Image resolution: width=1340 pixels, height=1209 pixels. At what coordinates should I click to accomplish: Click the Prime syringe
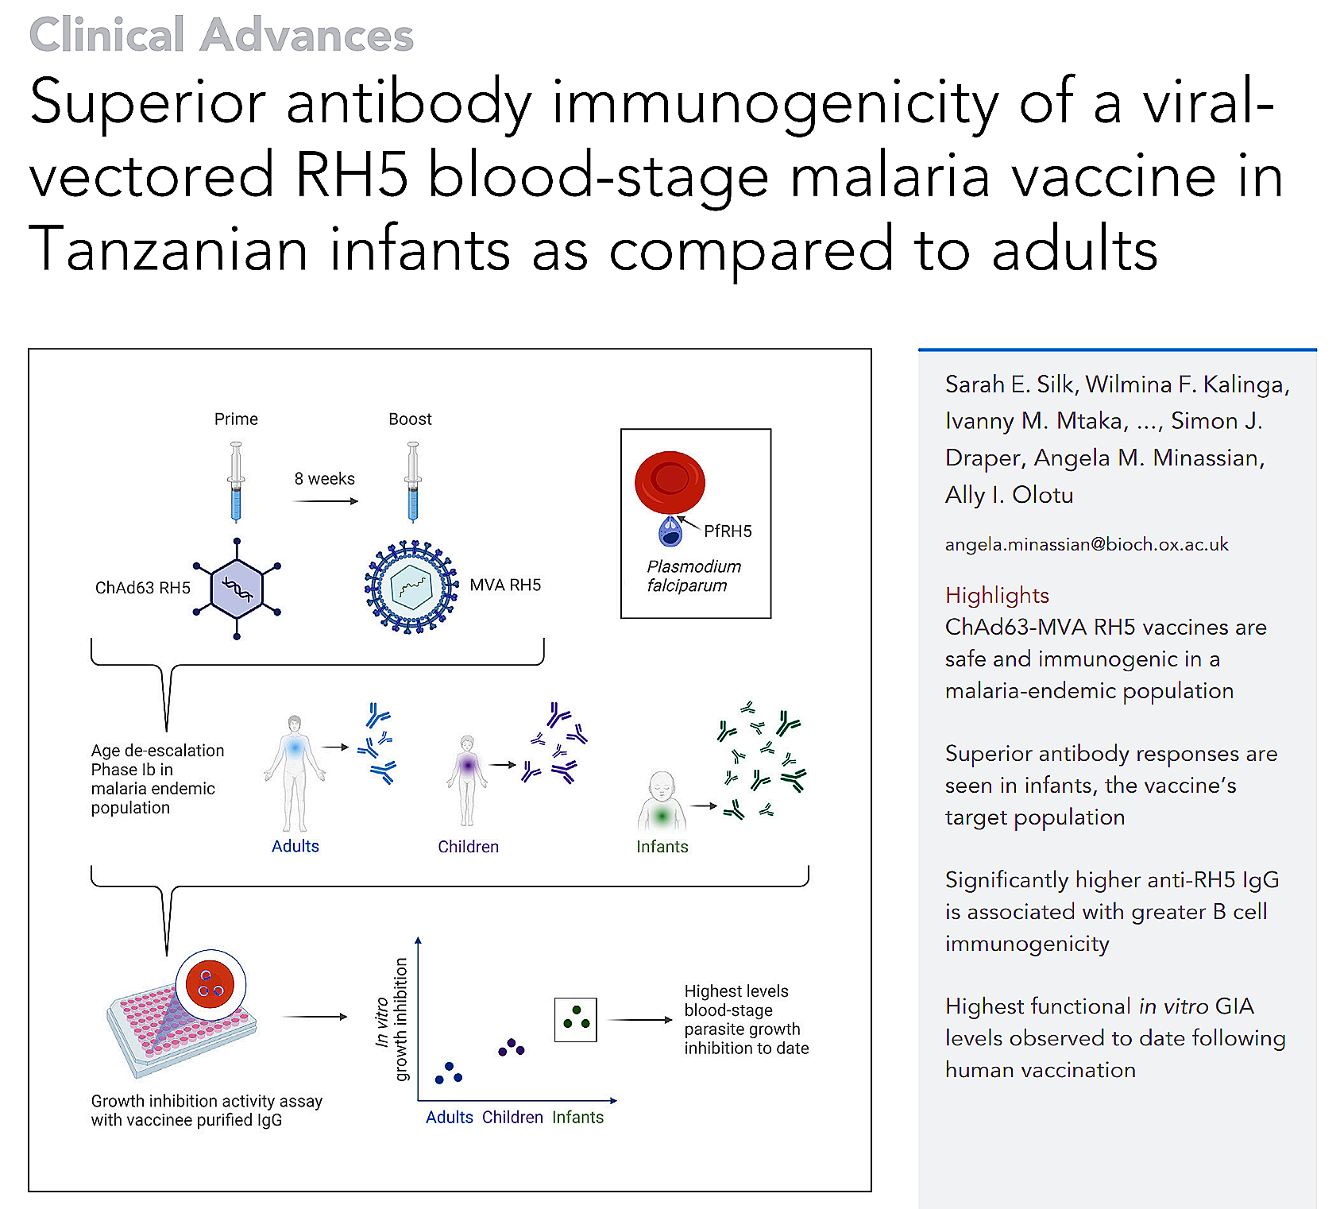coord(236,481)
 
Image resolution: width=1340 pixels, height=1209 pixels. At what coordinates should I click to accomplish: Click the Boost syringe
coord(412,481)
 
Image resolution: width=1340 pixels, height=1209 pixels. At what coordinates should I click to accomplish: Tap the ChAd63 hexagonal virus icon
coord(237,589)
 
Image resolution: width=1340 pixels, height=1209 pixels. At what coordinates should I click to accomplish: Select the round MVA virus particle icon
coord(411,587)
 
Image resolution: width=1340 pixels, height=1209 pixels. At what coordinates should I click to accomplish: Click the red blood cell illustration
coord(670,482)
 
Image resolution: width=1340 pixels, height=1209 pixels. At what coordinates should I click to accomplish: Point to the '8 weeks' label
coord(324,479)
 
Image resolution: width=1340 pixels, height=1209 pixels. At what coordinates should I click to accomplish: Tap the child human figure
coord(467,779)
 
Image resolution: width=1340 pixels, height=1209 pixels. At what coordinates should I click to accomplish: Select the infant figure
coord(662,802)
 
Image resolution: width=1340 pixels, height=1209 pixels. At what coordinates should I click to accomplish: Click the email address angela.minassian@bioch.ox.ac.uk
coord(1087,545)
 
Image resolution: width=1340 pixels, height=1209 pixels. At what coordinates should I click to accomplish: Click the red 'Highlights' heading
coord(997,595)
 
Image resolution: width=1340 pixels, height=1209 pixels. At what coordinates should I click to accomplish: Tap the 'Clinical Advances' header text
coord(221,35)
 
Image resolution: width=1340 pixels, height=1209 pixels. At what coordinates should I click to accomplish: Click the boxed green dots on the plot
coord(576,1019)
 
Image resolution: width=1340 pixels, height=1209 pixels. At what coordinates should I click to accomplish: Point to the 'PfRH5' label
coord(728,531)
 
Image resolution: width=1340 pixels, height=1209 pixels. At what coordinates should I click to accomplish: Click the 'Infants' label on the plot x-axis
coord(577,1118)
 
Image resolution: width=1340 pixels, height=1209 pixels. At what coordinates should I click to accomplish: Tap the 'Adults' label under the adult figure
coord(295,847)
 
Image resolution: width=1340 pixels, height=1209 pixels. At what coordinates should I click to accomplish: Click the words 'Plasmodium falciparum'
coord(693,576)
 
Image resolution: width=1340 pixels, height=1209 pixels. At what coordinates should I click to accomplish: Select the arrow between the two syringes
coord(326,501)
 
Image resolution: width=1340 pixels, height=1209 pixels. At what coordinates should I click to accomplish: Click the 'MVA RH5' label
coord(505,585)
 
